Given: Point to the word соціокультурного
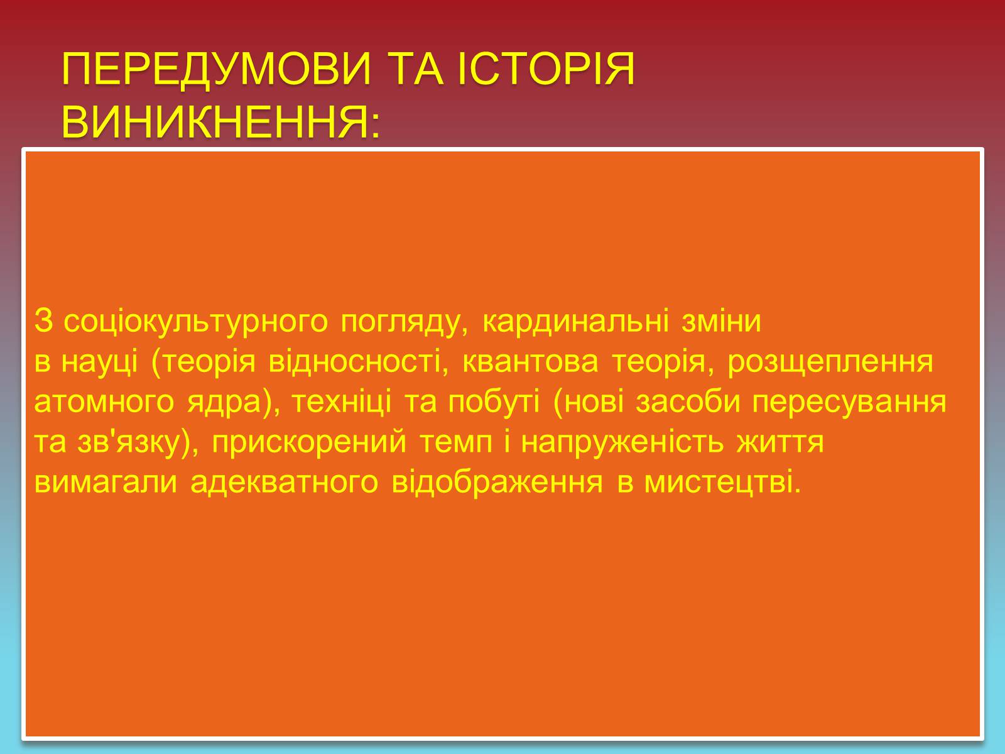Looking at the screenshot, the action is click(196, 322).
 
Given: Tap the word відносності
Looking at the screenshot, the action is click(358, 361).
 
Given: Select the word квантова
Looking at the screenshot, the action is click(530, 361).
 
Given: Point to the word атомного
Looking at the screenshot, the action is click(104, 402).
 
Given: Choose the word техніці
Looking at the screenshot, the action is click(342, 402).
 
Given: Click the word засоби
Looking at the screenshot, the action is click(688, 402).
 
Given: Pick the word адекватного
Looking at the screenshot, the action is click(285, 483).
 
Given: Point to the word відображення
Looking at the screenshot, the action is click(497, 483).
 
